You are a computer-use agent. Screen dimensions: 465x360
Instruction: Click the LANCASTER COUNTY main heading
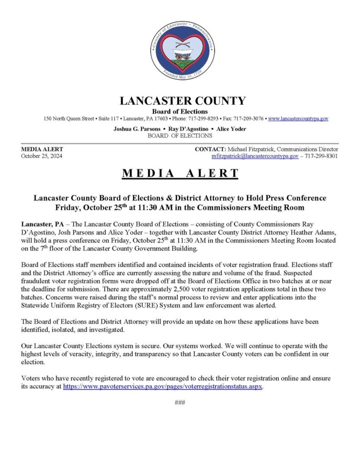pyautogui.click(x=182, y=101)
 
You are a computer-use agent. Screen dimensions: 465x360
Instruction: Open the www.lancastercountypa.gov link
pyautogui.click(x=298, y=119)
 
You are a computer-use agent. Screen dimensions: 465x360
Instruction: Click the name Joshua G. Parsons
pyautogui.click(x=137, y=129)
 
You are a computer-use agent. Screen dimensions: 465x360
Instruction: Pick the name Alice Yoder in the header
pyautogui.click(x=230, y=129)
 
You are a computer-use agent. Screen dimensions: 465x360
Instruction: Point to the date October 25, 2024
pyautogui.click(x=42, y=156)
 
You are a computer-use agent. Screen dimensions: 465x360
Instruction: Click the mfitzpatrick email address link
pyautogui.click(x=255, y=156)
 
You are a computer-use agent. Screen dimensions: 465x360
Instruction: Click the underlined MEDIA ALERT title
pyautogui.click(x=180, y=173)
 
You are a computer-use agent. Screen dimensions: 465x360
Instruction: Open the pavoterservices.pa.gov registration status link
pyautogui.click(x=163, y=386)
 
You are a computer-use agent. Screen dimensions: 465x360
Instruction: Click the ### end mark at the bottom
pyautogui.click(x=180, y=403)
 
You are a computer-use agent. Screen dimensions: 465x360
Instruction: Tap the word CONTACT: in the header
pyautogui.click(x=210, y=149)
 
